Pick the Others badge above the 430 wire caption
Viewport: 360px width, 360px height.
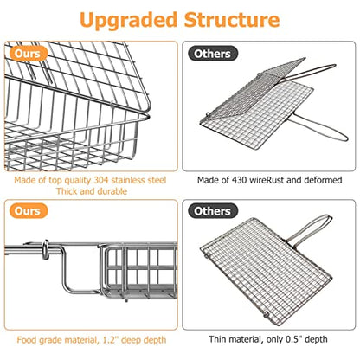point(212,53)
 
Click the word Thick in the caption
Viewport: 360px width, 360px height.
point(59,192)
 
